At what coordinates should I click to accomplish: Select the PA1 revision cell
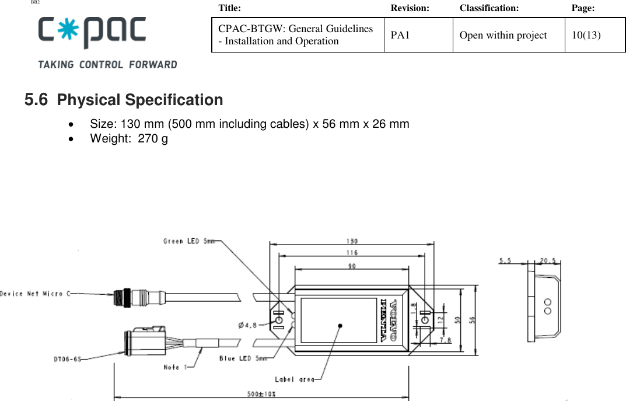[x=400, y=35]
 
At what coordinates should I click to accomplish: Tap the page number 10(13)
[x=586, y=35]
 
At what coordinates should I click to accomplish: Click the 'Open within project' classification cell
[x=503, y=35]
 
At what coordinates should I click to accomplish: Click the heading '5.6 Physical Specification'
[x=124, y=100]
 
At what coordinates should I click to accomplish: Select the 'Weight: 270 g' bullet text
[x=129, y=138]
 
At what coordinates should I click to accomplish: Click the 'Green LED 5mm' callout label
[x=189, y=241]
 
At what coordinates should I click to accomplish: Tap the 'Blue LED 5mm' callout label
[x=244, y=358]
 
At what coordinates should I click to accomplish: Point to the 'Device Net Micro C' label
[x=35, y=293]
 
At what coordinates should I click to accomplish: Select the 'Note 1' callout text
[x=176, y=367]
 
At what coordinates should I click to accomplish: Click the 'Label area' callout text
[x=295, y=379]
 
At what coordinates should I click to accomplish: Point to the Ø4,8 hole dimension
[x=249, y=325]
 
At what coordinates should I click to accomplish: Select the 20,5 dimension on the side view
[x=547, y=261]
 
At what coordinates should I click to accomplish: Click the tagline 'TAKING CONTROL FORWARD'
[x=107, y=64]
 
